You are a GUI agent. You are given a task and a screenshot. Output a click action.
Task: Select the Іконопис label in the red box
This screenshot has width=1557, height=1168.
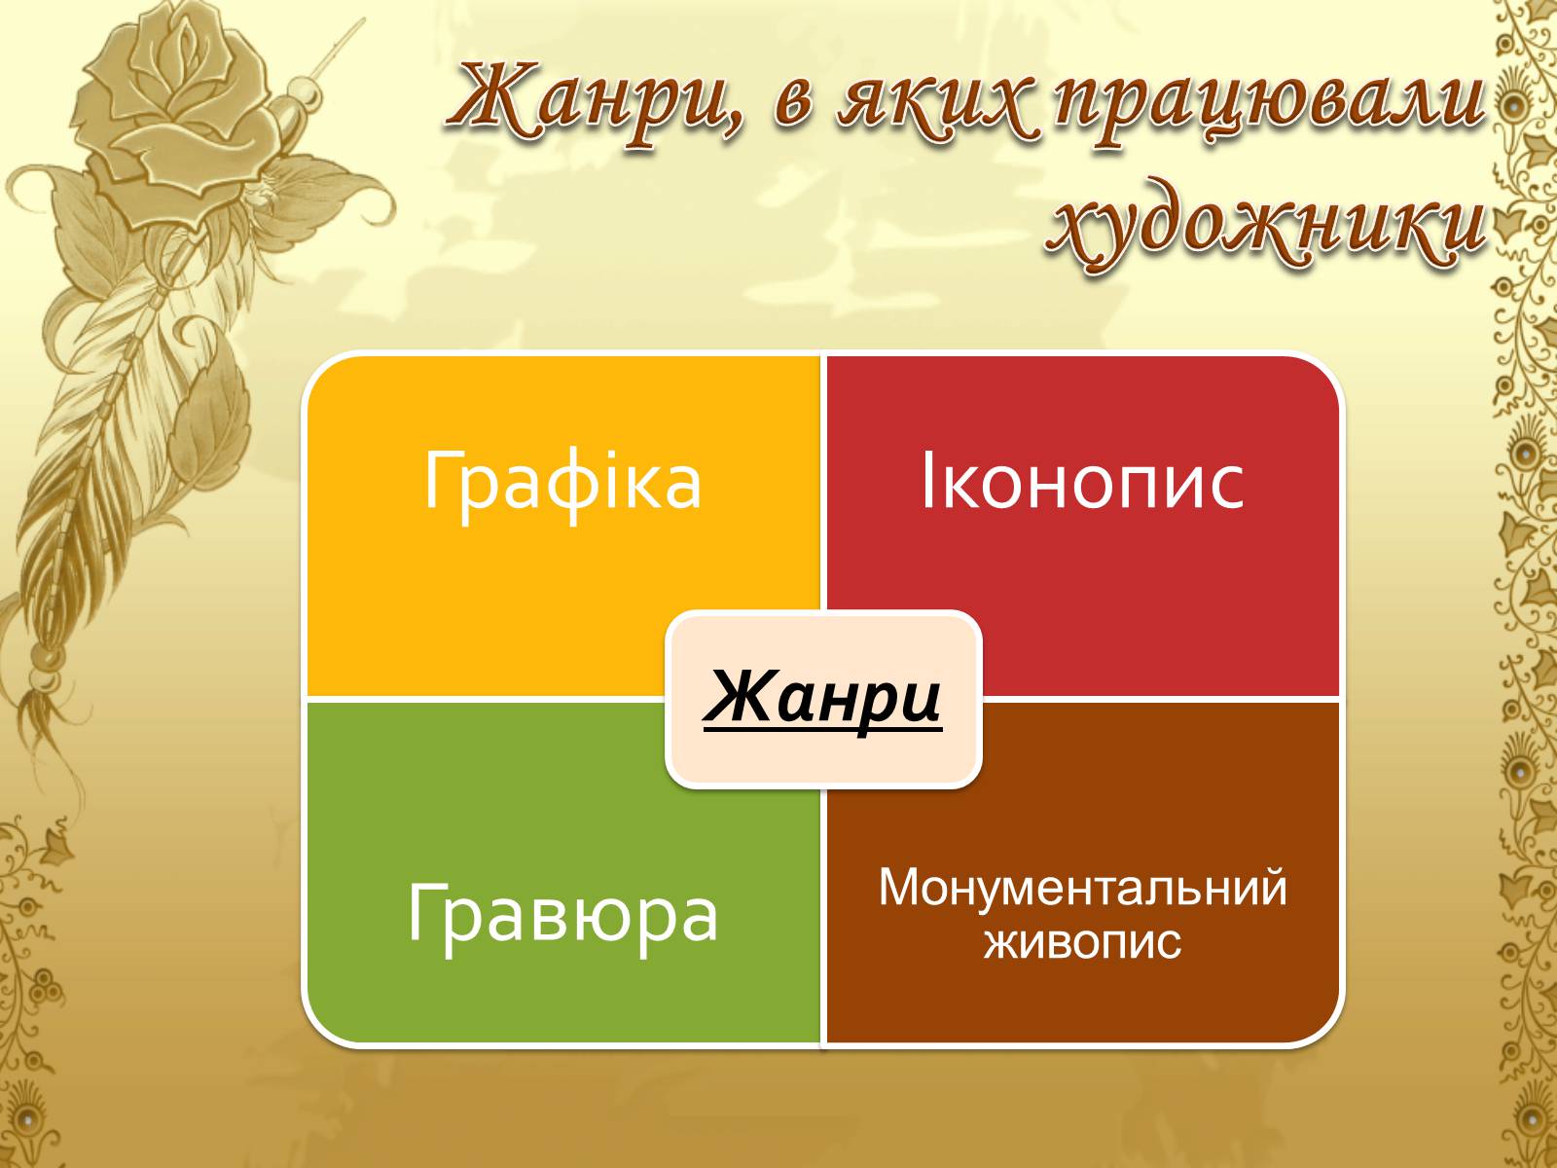click(1082, 482)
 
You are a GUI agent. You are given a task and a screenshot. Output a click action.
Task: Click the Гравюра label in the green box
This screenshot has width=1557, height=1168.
click(562, 916)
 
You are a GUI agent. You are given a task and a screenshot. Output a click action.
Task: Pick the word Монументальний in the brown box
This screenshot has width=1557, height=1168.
click(1082, 887)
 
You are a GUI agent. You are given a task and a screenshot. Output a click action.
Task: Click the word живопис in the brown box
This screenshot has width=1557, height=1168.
click(1082, 942)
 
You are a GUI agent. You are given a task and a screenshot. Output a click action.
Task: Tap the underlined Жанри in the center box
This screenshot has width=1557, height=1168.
click(823, 699)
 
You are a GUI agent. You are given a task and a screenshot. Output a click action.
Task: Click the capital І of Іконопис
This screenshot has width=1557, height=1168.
click(927, 482)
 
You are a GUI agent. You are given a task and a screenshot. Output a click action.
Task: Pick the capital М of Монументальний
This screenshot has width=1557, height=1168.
click(899, 887)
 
